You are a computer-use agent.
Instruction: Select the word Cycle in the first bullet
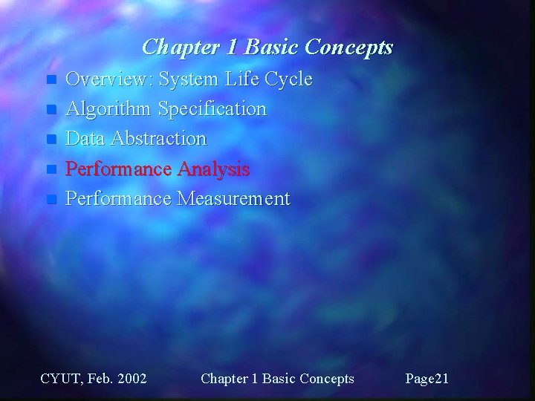(x=287, y=79)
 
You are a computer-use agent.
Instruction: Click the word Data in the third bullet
(x=83, y=139)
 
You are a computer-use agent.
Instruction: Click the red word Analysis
(x=214, y=169)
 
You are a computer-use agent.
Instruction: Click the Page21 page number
(x=427, y=379)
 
